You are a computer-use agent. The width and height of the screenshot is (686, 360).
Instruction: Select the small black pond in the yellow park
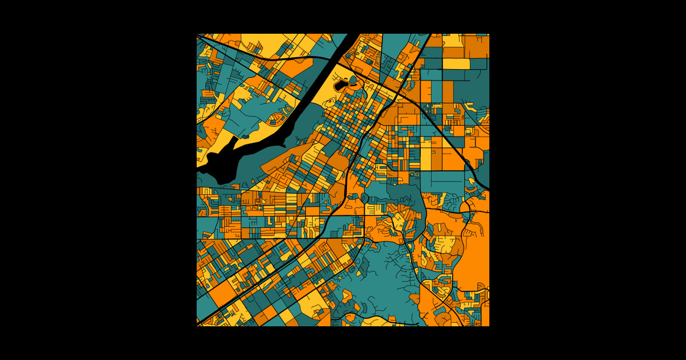[x=341, y=86]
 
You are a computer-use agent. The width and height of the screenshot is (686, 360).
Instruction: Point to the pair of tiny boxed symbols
[x=414, y=174]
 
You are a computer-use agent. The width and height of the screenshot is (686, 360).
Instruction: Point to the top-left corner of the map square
[x=197, y=34]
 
